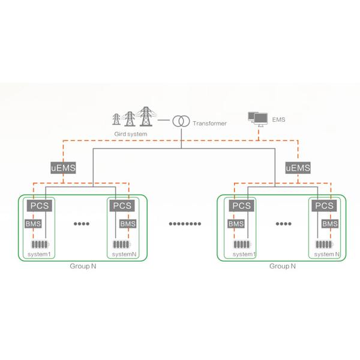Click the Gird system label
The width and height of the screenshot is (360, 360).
(130, 134)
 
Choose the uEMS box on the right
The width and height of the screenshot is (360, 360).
(298, 168)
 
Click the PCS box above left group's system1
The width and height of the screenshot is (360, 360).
(40, 205)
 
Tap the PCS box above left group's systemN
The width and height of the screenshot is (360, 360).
(122, 205)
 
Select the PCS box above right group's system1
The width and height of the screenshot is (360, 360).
(241, 205)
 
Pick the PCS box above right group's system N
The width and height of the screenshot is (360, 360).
(324, 205)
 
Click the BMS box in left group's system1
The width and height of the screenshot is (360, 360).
(33, 224)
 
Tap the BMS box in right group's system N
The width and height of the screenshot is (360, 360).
(331, 224)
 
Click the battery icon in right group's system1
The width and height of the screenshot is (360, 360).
(242, 245)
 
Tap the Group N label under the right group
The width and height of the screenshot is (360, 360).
(282, 265)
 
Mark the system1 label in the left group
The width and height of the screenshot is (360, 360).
(40, 254)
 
